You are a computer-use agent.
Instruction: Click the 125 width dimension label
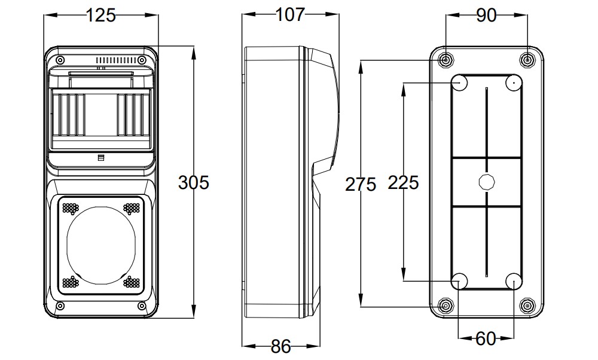pyautogui.click(x=100, y=16)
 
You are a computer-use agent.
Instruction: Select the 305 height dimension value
pyautogui.click(x=194, y=182)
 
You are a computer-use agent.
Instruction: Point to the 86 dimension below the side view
pyautogui.click(x=280, y=346)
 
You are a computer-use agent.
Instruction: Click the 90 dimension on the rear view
pyautogui.click(x=487, y=16)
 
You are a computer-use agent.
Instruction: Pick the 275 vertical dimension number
pyautogui.click(x=361, y=184)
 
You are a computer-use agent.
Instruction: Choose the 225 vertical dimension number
pyautogui.click(x=403, y=182)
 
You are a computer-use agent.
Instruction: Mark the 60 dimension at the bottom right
pyautogui.click(x=487, y=339)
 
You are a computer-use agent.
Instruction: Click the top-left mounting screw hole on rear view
pyautogui.click(x=446, y=60)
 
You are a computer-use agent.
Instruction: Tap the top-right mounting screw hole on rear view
pyautogui.click(x=527, y=60)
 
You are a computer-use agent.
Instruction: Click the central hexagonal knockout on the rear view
pyautogui.click(x=487, y=182)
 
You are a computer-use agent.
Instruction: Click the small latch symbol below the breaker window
pyautogui.click(x=100, y=158)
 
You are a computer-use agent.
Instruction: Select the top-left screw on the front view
pyautogui.click(x=60, y=60)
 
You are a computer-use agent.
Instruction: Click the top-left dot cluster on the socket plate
pyautogui.click(x=71, y=208)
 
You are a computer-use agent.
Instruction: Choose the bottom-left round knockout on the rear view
pyautogui.click(x=459, y=280)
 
